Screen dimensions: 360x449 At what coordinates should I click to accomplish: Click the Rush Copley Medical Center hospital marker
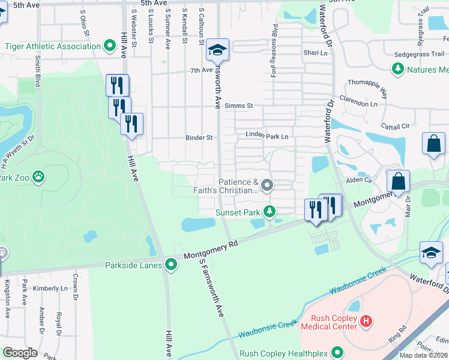tap(366, 322)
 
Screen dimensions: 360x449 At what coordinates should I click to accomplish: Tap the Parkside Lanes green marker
tap(172, 264)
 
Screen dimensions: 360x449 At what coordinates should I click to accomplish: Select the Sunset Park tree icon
tap(270, 211)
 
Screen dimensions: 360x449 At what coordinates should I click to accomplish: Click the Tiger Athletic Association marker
tap(110, 46)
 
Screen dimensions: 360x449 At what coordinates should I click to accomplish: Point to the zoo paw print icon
tap(38, 177)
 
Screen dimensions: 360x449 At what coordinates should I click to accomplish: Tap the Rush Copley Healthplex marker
tap(338, 353)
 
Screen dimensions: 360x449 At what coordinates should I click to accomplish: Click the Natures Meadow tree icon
tap(397, 70)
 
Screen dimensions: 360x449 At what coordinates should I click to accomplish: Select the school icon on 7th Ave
tap(217, 50)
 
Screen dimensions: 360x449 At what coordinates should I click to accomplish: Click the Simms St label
tap(238, 106)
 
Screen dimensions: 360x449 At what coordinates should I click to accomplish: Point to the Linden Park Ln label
tap(267, 136)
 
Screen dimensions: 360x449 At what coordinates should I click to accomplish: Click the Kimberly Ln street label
tap(50, 289)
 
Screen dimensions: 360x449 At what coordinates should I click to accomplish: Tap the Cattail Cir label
tap(396, 126)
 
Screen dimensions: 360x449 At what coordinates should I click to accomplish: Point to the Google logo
tap(20, 352)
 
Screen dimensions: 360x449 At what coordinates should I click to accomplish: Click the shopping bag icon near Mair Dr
tap(397, 181)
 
